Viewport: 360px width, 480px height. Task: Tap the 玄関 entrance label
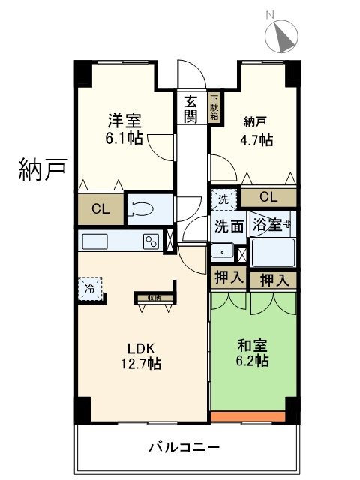click(191, 108)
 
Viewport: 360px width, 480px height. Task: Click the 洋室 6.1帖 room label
click(124, 130)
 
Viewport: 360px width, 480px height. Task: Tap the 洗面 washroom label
click(228, 225)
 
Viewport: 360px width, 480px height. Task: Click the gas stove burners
click(151, 241)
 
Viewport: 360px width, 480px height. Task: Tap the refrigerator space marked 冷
click(91, 289)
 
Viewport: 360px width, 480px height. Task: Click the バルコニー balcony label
click(184, 448)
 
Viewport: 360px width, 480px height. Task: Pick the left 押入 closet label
click(228, 277)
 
